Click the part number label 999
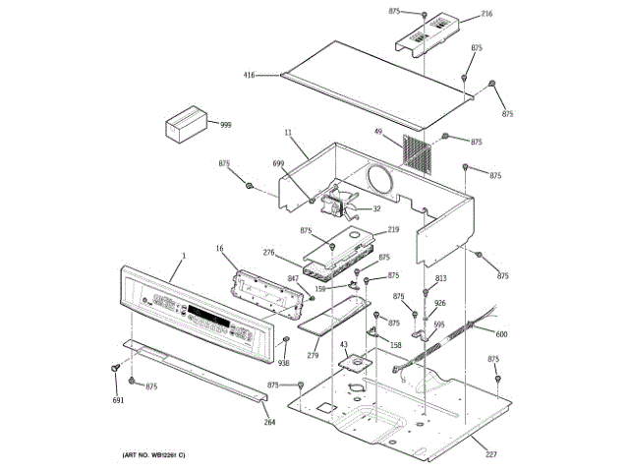tap(226, 125)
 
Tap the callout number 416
tap(251, 75)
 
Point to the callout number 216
tap(486, 15)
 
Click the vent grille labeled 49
tap(418, 153)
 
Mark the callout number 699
tap(280, 163)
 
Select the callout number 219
tap(393, 230)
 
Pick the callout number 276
tap(268, 253)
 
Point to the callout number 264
tap(269, 422)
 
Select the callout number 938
tap(284, 363)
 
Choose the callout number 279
tap(314, 355)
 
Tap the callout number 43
tap(343, 344)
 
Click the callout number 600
tap(501, 334)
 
